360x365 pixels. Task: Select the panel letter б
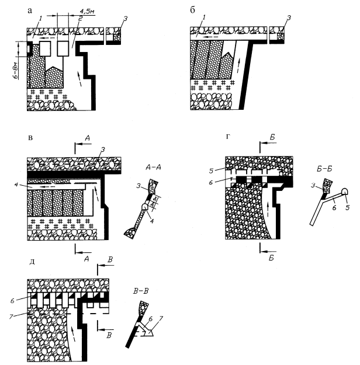tap(192, 10)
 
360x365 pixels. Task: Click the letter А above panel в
tap(87, 139)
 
